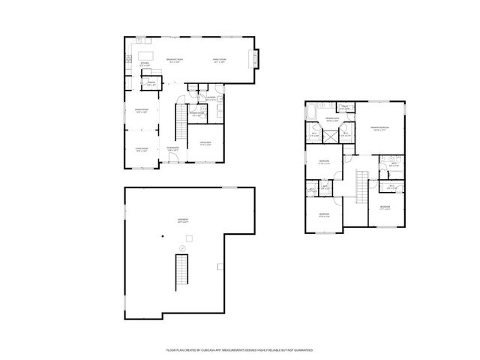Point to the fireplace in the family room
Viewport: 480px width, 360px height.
pyautogui.click(x=256, y=57)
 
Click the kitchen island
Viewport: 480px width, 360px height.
pyautogui.click(x=145, y=55)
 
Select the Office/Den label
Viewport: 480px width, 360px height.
pyautogui.click(x=205, y=143)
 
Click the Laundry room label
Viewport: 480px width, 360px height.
pyautogui.click(x=211, y=98)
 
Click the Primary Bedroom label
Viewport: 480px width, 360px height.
pyautogui.click(x=379, y=128)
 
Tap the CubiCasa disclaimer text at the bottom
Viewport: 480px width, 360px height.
pyautogui.click(x=239, y=349)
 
